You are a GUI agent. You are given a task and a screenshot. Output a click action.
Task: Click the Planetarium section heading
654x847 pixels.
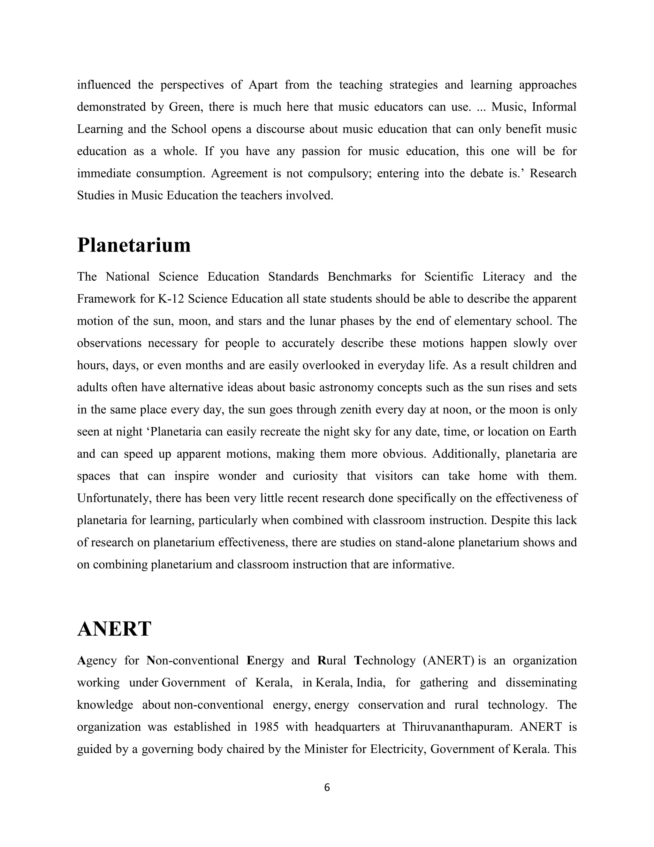point(134,245)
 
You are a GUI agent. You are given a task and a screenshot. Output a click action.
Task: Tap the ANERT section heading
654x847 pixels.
point(114,629)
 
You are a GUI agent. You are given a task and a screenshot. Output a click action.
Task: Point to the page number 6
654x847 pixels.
point(327,787)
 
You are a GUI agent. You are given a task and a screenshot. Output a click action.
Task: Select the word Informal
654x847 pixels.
point(554,107)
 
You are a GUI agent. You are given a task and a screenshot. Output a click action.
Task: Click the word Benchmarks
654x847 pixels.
point(359,277)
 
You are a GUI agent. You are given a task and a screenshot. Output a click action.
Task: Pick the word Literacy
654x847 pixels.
point(504,277)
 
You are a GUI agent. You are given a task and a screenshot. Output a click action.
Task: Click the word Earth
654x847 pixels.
point(561,431)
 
